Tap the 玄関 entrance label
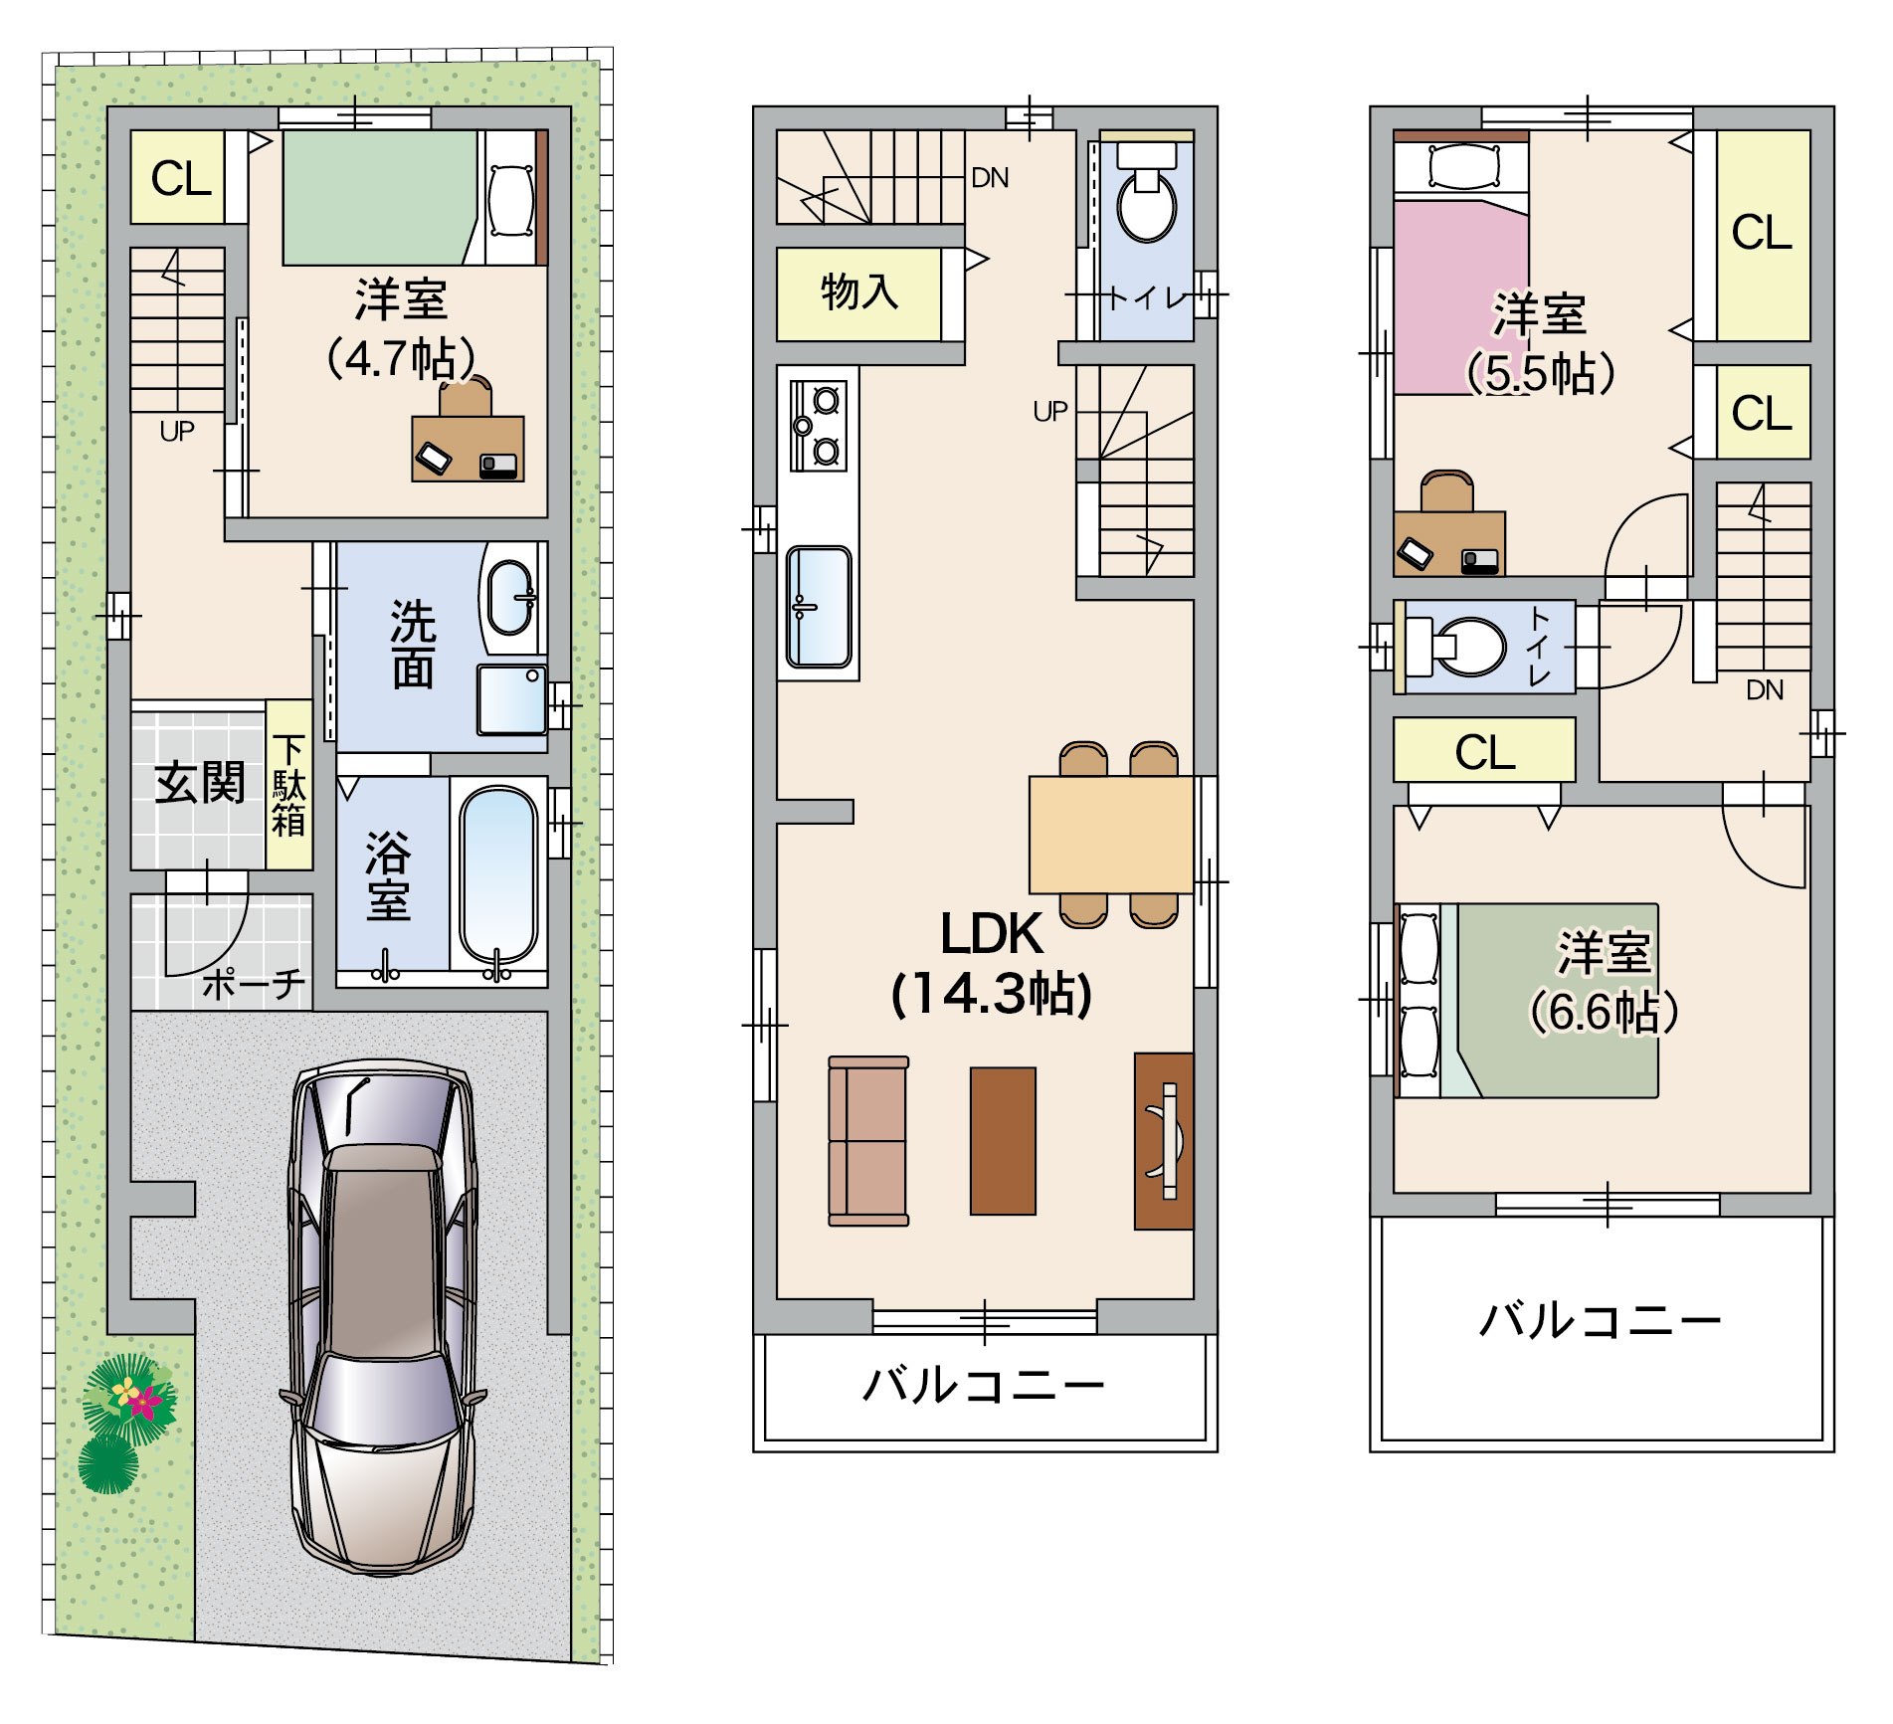[x=200, y=783]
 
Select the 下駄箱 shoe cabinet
[x=289, y=785]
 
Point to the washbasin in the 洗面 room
[x=510, y=597]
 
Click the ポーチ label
[x=254, y=984]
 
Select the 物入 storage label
[x=858, y=292]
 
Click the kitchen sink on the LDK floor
[x=819, y=607]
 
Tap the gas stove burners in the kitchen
[x=819, y=426]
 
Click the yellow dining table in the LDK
[x=1111, y=835]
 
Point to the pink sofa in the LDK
[x=868, y=1141]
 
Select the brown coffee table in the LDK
[x=1003, y=1141]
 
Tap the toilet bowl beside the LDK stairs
[x=1147, y=202]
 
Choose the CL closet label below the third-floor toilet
[x=1484, y=753]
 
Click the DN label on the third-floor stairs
[x=1765, y=690]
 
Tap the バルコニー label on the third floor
[x=1601, y=1320]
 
